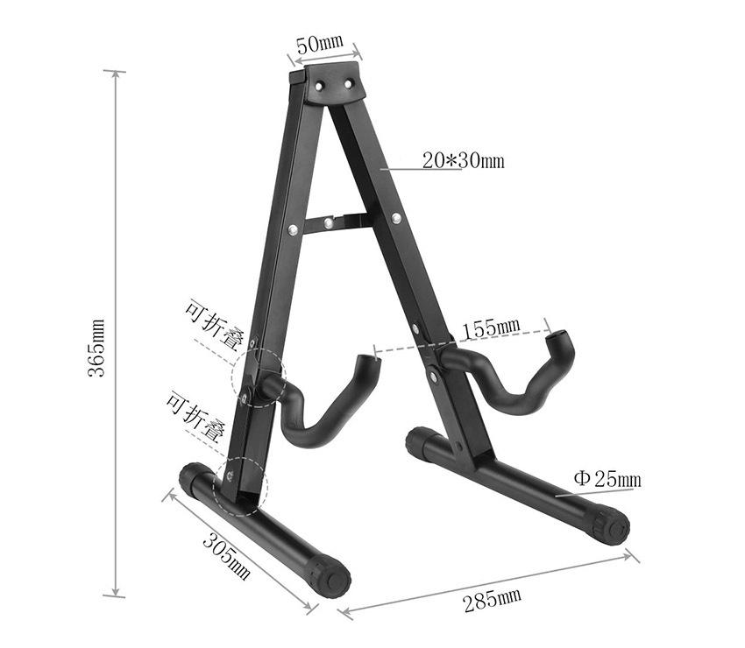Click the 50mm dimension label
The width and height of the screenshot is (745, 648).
coord(320,44)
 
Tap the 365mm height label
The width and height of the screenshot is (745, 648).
coord(96,348)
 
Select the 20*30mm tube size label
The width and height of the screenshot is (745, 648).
coord(464,161)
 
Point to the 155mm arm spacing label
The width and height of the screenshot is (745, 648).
coord(492,328)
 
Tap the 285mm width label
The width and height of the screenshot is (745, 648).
coord(493,600)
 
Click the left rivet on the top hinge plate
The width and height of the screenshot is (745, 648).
coord(318,86)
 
